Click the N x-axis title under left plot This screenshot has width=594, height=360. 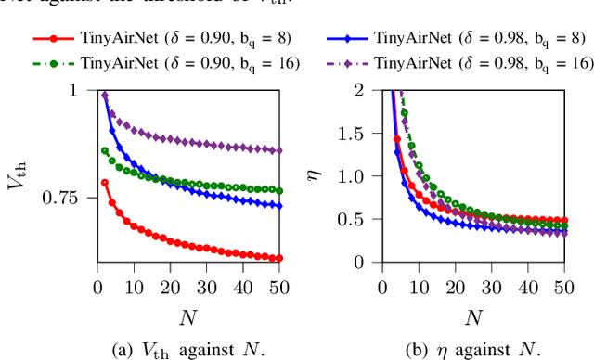point(187,318)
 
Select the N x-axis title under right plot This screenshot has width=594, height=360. point(473,318)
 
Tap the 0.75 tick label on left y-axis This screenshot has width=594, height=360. point(67,198)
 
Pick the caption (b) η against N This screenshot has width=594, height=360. point(473,349)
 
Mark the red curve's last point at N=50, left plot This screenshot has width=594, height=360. point(280,258)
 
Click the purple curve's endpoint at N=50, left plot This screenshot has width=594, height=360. point(280,150)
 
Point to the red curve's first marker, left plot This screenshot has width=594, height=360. point(104,183)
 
